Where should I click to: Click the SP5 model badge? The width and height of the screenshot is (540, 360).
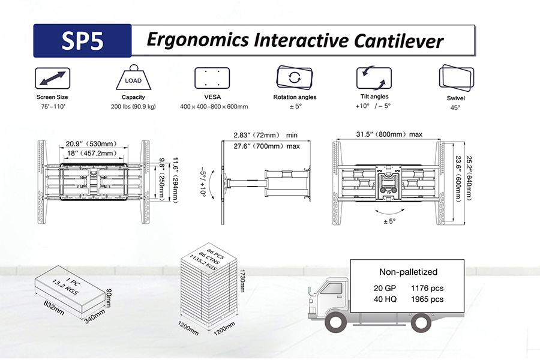[x=82, y=41]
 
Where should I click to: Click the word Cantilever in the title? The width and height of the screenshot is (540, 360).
[x=398, y=40]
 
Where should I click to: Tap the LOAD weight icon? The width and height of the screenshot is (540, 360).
[x=133, y=77]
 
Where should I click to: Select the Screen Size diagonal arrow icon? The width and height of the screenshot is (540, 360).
[x=52, y=79]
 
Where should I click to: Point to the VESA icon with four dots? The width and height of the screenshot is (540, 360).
[x=212, y=78]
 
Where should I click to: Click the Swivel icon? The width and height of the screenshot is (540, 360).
[x=457, y=78]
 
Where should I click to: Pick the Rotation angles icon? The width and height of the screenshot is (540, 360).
[x=295, y=77]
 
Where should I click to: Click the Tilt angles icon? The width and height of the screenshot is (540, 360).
[x=374, y=78]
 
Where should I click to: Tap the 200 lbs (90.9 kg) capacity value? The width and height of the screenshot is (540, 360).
[x=133, y=106]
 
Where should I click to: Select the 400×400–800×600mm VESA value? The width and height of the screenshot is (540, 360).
[x=214, y=106]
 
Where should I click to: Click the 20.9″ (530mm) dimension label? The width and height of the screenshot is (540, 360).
[x=91, y=143]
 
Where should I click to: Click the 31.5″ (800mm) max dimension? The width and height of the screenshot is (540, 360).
[x=389, y=134]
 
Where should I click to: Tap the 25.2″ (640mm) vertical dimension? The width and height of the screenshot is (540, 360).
[x=469, y=178]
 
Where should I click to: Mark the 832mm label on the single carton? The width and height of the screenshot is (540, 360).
[x=54, y=308]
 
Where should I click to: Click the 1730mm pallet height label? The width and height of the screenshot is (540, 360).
[x=242, y=281]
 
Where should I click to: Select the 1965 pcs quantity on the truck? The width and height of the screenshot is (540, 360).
[x=427, y=299]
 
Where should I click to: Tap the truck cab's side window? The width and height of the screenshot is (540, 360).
[x=331, y=289]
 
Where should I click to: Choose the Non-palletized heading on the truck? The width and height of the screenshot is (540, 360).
[x=408, y=272]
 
